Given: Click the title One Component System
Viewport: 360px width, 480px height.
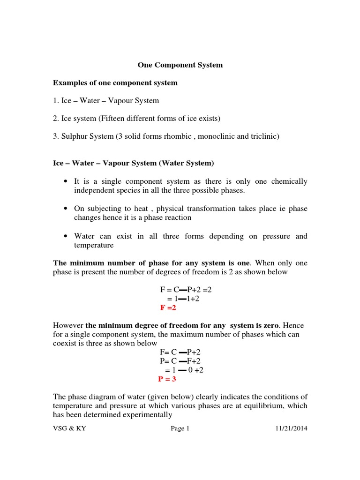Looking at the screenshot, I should click(180, 65).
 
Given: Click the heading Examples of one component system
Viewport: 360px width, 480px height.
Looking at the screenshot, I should click(115, 83).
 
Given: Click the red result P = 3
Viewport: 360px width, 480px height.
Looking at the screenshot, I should click(167, 379).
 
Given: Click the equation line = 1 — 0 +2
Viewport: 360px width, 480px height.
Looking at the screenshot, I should click(184, 370).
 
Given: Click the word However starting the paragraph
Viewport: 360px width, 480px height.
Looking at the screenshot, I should click(68, 325).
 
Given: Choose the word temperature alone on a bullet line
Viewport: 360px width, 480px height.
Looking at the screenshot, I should click(94, 245).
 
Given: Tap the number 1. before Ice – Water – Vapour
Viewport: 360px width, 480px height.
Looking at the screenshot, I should click(56, 101).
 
